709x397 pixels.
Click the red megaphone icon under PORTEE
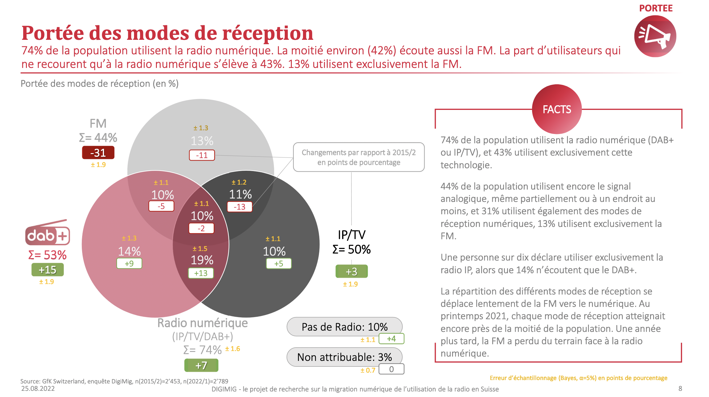point(655,36)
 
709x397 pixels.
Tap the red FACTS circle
point(557,109)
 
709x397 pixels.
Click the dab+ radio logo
point(48,233)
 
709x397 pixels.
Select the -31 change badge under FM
point(98,153)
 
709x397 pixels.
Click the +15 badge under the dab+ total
point(48,270)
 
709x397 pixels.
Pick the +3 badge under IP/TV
point(351,271)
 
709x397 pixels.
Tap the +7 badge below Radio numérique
point(201,366)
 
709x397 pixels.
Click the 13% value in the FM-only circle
point(202,141)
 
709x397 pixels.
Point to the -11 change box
point(202,155)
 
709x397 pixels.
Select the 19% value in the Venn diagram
point(202,260)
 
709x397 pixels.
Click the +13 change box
point(201,273)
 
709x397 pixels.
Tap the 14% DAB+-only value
point(129,252)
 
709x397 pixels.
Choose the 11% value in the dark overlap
point(240,194)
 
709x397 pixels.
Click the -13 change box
point(240,207)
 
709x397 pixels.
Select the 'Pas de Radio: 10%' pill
point(344,327)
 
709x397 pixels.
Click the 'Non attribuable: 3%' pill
point(344,357)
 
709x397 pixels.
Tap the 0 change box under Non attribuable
point(391,369)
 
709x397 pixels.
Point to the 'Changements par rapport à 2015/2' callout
point(359,157)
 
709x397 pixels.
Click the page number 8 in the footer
point(680,389)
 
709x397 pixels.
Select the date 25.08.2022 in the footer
point(38,389)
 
